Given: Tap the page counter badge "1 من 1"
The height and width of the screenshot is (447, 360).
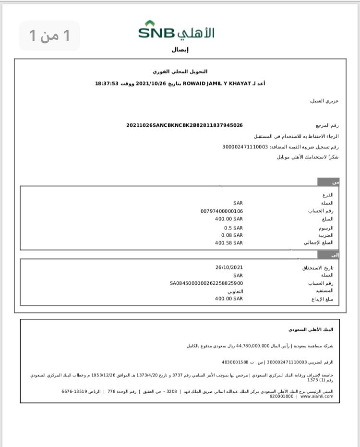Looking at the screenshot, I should [x=49, y=36].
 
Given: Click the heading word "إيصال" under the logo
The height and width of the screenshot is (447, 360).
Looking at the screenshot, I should [x=180, y=49].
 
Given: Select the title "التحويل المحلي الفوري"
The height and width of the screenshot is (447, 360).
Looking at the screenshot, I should [x=180, y=72].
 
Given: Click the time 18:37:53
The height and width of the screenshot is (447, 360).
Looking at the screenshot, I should [x=107, y=84].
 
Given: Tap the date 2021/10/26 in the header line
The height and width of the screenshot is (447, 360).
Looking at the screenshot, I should [x=150, y=84].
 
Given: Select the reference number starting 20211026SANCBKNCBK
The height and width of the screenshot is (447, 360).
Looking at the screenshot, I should [x=184, y=125].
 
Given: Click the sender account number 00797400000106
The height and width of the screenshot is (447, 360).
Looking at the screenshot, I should [x=222, y=211].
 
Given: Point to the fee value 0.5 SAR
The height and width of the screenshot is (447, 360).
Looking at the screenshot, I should [x=233, y=228].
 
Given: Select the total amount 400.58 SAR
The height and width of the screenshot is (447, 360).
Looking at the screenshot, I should [x=229, y=243].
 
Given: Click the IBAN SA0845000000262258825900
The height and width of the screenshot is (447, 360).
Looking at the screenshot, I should [x=206, y=283].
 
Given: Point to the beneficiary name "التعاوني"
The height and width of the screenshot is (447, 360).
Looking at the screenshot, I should [x=235, y=291].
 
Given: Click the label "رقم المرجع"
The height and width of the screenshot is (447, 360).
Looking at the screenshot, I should [x=328, y=125].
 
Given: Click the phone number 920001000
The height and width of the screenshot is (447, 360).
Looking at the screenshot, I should [x=282, y=396].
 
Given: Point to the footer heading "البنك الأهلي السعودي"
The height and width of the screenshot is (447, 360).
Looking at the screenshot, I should [x=311, y=330].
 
